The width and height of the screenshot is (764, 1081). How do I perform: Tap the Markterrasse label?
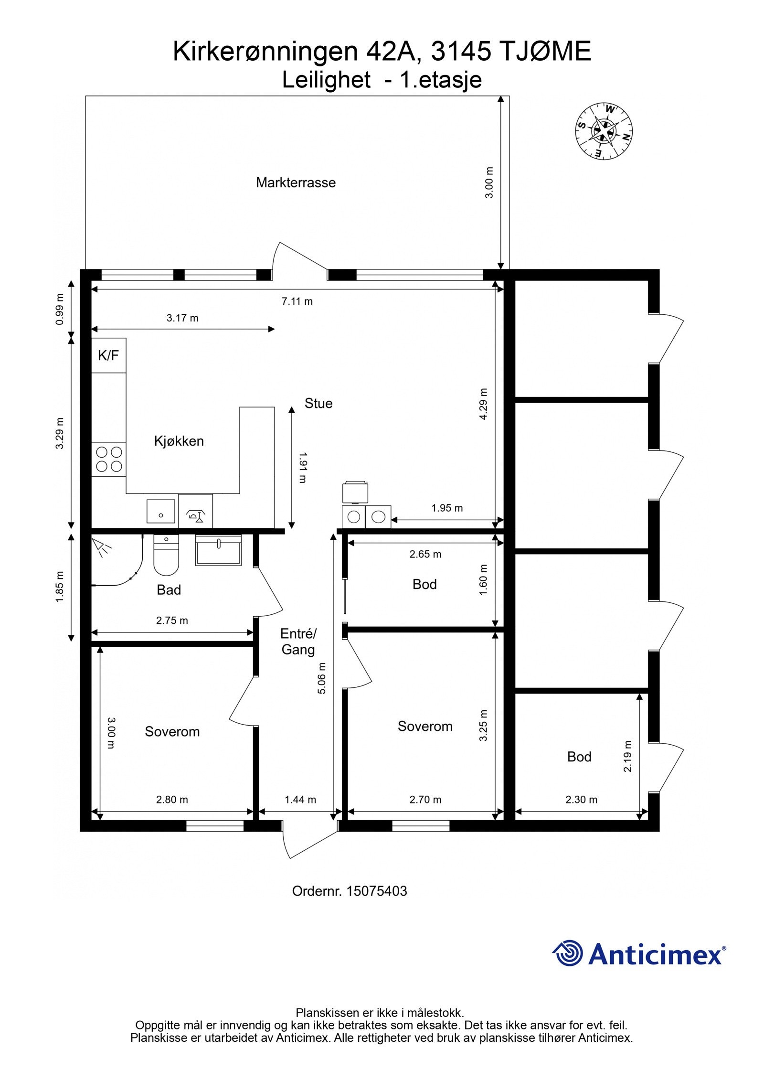click(296, 182)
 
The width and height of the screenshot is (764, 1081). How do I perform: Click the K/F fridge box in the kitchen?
click(108, 355)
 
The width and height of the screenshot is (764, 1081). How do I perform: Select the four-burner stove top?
click(109, 459)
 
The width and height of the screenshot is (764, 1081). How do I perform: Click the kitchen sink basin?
click(160, 511)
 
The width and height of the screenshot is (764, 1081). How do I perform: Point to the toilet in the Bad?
click(166, 555)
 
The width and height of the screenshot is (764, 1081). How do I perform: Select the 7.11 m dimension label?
click(297, 301)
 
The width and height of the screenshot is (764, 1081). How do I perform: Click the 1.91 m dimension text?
click(302, 468)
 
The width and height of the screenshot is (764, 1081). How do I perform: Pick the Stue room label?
click(318, 404)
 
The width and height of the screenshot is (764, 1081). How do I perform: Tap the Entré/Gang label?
click(298, 642)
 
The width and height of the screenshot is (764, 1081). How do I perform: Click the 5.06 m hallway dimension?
click(322, 678)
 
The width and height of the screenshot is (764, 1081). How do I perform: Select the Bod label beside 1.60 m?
click(424, 585)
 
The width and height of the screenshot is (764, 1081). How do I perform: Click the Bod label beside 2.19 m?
click(579, 757)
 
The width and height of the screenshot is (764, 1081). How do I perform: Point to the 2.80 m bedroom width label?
click(172, 800)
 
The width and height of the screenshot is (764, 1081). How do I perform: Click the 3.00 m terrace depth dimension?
click(489, 182)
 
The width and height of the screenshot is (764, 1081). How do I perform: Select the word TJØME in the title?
click(545, 52)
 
